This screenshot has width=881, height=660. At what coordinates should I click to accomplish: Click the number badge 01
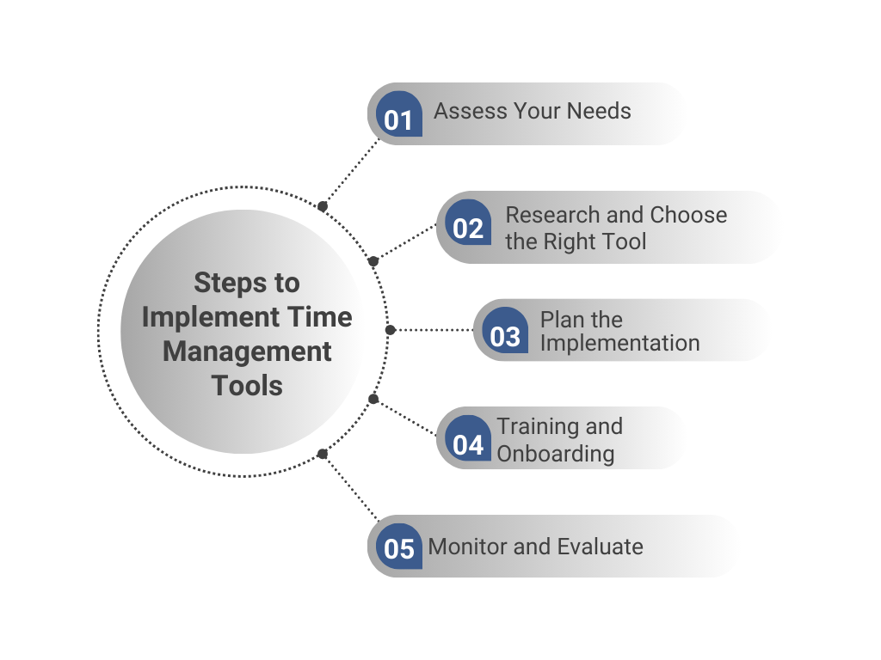[398, 115]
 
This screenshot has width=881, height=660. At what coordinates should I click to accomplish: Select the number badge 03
[505, 333]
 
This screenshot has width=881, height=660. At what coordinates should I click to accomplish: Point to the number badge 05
[399, 547]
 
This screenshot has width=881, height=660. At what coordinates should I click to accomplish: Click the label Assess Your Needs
[532, 111]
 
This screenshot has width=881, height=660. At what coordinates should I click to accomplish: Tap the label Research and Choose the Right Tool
[615, 228]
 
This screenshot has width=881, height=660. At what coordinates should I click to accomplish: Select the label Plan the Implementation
[619, 332]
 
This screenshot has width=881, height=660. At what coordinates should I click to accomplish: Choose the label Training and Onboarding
[559, 439]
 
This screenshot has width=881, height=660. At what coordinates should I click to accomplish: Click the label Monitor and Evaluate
[535, 547]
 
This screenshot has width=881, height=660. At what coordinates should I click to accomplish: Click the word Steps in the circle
[247, 283]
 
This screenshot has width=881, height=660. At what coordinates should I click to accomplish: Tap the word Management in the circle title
[247, 351]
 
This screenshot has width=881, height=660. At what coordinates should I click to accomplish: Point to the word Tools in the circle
[247, 386]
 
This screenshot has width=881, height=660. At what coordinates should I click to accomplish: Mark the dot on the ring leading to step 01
[323, 206]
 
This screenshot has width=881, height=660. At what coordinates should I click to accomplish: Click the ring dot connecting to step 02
[373, 261]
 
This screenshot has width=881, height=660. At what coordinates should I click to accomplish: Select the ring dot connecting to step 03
[391, 330]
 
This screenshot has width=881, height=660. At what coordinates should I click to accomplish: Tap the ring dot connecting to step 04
[373, 398]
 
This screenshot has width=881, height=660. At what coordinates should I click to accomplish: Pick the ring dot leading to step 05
[323, 454]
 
